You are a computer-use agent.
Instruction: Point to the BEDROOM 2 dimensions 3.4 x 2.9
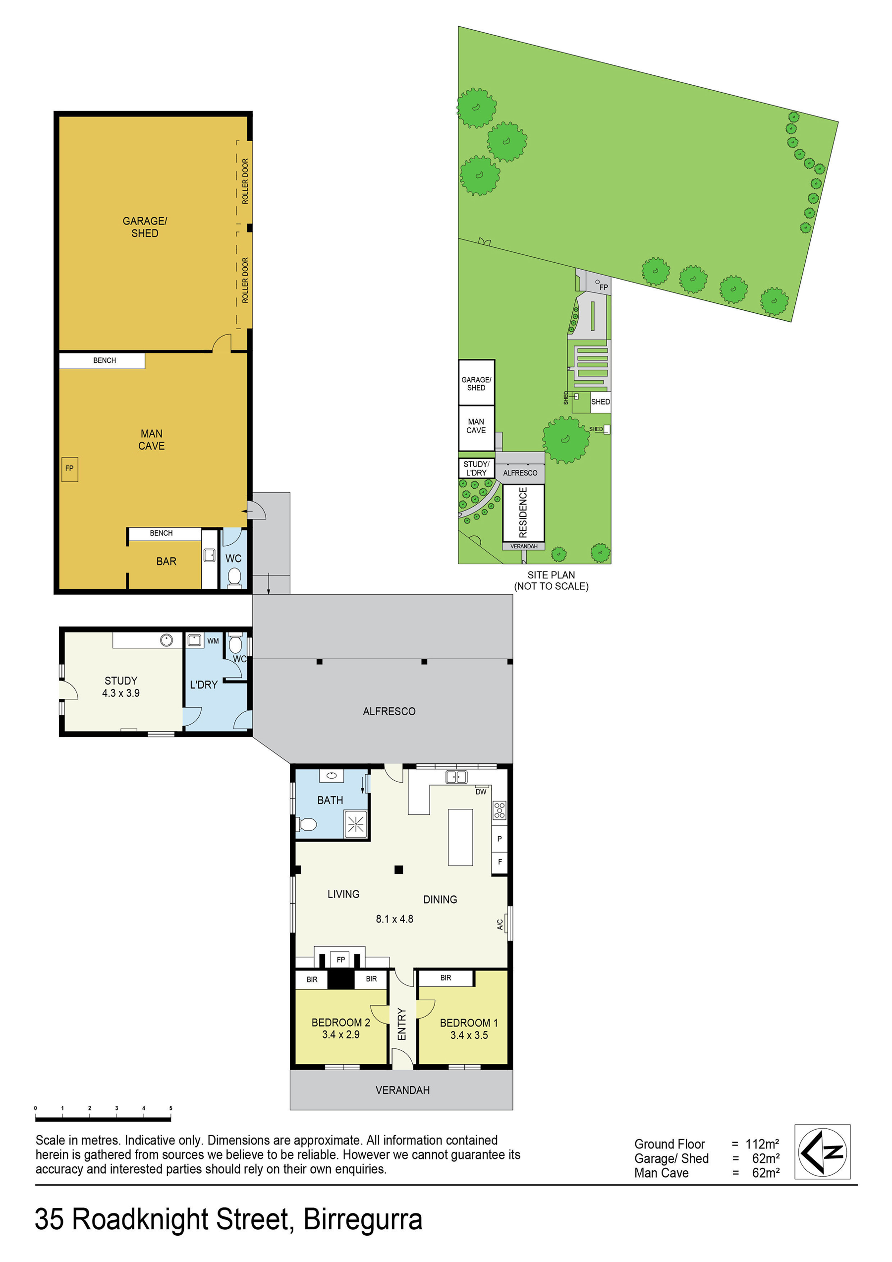341,1034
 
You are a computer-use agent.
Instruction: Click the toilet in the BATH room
307,824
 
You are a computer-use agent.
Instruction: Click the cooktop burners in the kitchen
499,810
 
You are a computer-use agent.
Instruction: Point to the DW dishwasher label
481,791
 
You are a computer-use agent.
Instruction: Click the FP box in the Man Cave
69,469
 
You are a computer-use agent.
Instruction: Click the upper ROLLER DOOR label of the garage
245,181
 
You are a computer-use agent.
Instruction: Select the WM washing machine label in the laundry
213,641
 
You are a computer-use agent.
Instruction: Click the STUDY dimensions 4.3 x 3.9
121,693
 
